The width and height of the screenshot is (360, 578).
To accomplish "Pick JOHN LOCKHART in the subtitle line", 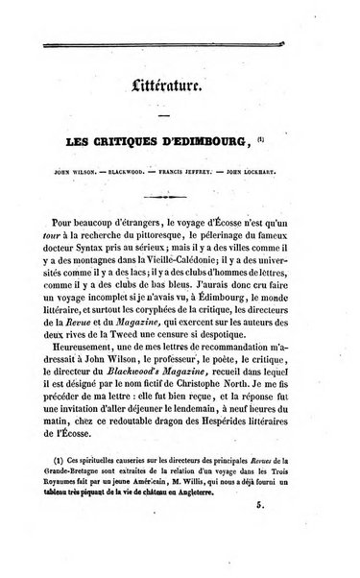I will coord(285,177).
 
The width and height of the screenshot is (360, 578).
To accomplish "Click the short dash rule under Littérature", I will coord(181,117).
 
